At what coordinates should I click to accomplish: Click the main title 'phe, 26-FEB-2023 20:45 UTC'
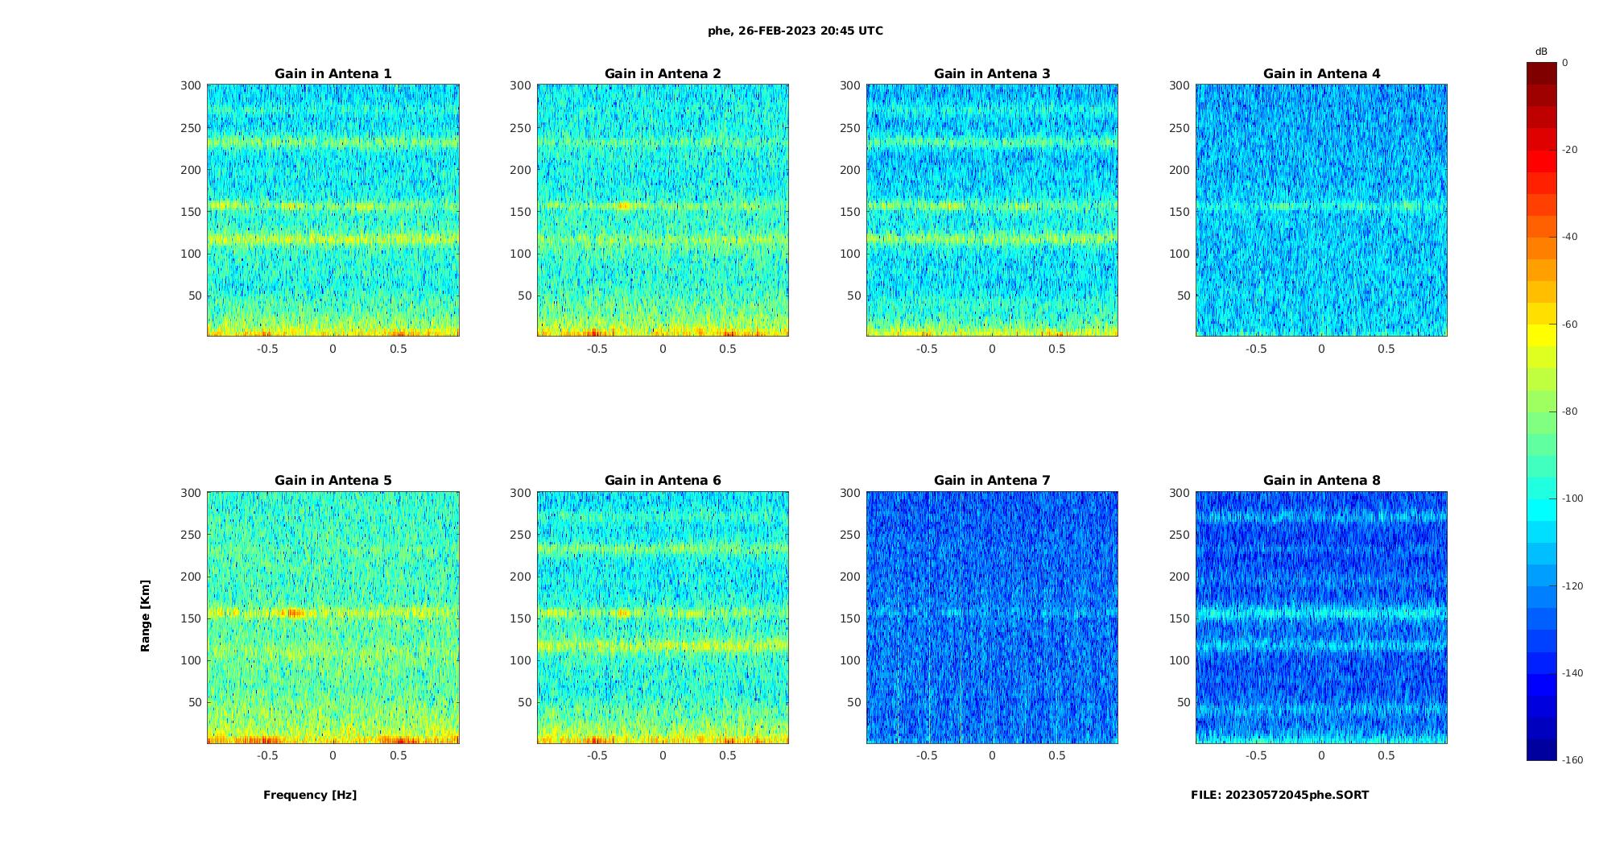[x=795, y=31]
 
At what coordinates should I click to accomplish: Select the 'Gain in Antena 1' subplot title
[x=333, y=74]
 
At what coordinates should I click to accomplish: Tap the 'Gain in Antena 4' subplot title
[x=1321, y=74]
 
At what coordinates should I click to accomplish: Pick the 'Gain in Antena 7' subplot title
[x=992, y=481]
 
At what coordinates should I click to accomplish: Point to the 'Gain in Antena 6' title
[x=663, y=481]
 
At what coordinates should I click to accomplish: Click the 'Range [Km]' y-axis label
[x=146, y=616]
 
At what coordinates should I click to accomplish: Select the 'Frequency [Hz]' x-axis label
[x=310, y=795]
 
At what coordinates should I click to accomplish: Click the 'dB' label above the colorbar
[x=1541, y=52]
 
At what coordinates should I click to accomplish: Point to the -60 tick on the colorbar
[x=1569, y=325]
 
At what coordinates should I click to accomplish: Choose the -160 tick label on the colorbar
[x=1572, y=760]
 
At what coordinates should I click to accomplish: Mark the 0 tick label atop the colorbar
[x=1565, y=63]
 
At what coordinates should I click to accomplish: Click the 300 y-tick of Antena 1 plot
[x=190, y=85]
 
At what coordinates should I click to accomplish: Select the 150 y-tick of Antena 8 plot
[x=1180, y=618]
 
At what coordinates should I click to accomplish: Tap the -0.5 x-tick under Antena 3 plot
[x=927, y=349]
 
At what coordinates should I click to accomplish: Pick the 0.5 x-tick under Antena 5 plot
[x=399, y=755]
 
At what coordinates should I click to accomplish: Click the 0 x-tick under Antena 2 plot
[x=663, y=349]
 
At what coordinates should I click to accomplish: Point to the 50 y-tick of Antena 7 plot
[x=854, y=702]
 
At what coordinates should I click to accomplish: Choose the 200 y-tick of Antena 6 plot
[x=520, y=577]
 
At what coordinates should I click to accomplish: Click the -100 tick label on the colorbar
[x=1572, y=498]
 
